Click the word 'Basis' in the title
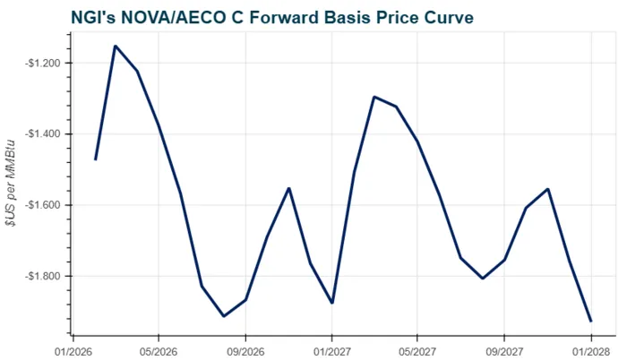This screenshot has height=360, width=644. click(x=336, y=18)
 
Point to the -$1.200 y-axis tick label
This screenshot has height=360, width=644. click(x=42, y=64)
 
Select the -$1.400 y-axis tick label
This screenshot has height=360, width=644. click(x=42, y=134)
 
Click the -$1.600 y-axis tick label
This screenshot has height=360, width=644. click(x=42, y=205)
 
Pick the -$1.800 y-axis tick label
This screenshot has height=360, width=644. click(x=42, y=276)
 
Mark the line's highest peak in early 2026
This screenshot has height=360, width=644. click(x=116, y=46)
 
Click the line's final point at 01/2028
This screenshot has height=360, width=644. click(x=591, y=321)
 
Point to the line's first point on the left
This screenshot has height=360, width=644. click(x=95, y=159)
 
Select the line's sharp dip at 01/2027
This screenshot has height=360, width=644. click(x=332, y=303)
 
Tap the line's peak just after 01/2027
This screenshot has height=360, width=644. click(x=374, y=97)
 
